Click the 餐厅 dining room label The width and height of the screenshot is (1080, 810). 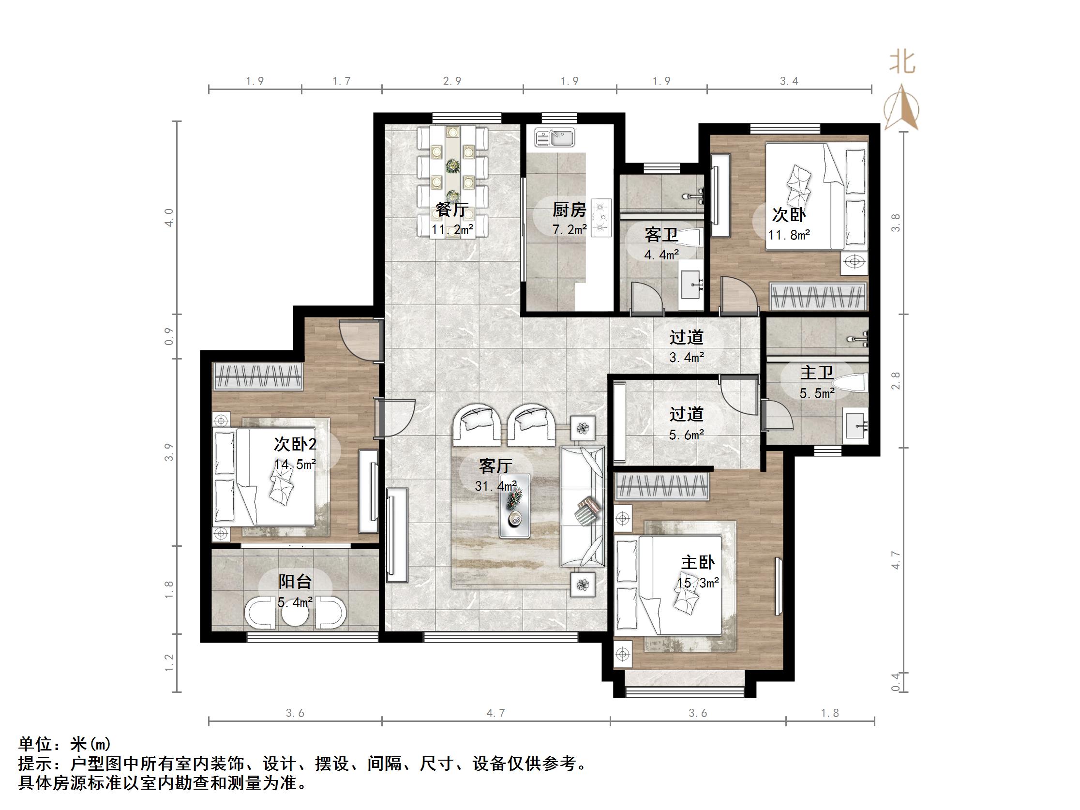(x=451, y=210)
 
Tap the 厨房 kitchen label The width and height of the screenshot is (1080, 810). (x=569, y=210)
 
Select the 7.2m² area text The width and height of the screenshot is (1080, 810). (x=570, y=229)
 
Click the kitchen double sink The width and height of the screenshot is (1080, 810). (x=554, y=138)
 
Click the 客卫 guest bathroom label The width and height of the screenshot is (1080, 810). (x=660, y=235)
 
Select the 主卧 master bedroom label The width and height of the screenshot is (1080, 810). (x=698, y=562)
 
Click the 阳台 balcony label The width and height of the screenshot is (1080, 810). (x=295, y=582)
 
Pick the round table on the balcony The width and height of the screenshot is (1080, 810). (x=295, y=617)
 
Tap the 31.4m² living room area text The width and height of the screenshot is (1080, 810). (x=495, y=486)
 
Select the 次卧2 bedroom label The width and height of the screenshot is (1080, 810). (x=295, y=444)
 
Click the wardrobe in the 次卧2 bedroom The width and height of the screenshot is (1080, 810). (x=258, y=376)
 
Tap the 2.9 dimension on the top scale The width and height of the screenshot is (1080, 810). (x=452, y=81)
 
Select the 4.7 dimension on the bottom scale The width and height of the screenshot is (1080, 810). (x=495, y=713)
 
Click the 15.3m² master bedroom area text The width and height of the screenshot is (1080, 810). (x=698, y=583)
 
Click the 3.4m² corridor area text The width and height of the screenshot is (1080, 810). (x=686, y=358)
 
